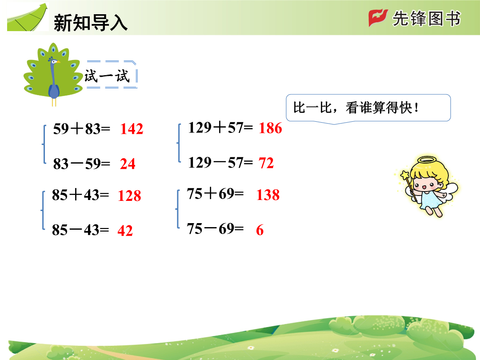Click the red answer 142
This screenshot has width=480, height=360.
coord(132,129)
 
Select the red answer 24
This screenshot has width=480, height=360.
coord(128,164)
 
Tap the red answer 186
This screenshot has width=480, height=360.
coord(270,128)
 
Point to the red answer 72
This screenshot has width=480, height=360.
coord(266,163)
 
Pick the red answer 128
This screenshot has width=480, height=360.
coord(129,196)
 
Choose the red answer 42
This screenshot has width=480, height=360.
coord(125,231)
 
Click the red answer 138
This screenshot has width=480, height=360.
coord(268,195)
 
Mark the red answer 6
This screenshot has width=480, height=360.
coord(260,230)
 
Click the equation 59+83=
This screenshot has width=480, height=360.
coord(81,128)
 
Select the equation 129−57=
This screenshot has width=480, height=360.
coord(220,163)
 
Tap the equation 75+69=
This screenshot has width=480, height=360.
coord(215,194)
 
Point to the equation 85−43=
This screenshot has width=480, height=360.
coord(80,230)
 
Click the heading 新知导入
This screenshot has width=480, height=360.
coord(91,23)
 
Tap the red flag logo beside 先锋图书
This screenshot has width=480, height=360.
coord(378,18)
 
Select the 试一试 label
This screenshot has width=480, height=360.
coord(107,76)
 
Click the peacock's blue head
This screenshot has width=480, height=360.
coord(54,61)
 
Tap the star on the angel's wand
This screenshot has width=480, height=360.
coord(405,176)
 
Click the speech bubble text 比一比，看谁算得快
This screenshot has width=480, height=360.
coord(356,108)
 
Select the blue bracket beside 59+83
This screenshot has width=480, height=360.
coord(44,144)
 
